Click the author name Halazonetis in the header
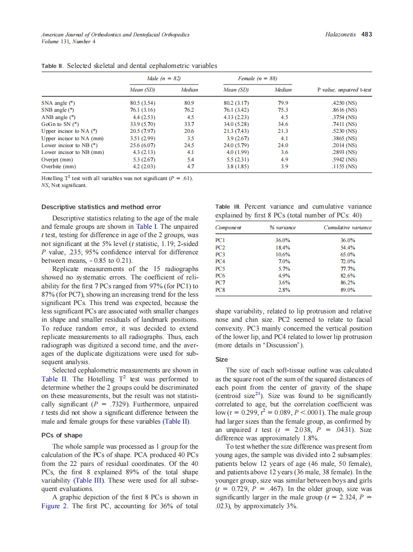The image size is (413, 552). pyautogui.click(x=341, y=34)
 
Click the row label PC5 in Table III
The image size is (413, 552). pyautogui.click(x=220, y=269)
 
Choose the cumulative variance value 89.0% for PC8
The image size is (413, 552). pyautogui.click(x=347, y=290)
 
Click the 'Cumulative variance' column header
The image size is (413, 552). pyautogui.click(x=347, y=227)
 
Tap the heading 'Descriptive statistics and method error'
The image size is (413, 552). pyautogui.click(x=101, y=207)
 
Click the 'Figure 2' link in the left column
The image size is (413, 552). pyautogui.click(x=56, y=506)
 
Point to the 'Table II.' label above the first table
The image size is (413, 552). pyautogui.click(x=52, y=65)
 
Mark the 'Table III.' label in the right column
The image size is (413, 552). pyautogui.click(x=228, y=207)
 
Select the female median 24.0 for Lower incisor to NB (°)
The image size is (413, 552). pyautogui.click(x=283, y=145)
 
